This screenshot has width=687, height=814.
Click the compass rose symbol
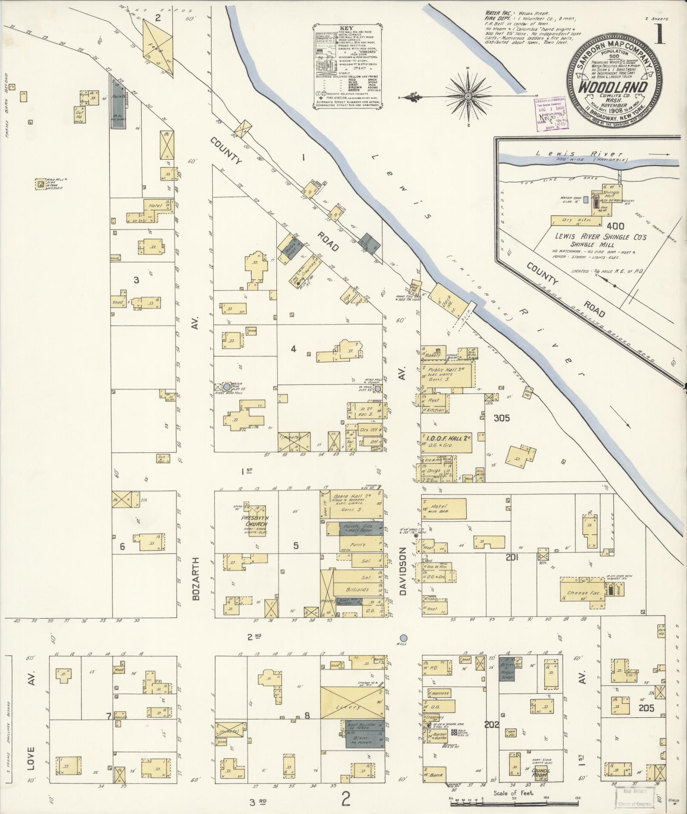point(468,97)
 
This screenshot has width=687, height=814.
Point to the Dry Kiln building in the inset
point(574,220)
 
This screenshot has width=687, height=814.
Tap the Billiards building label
point(356,590)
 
